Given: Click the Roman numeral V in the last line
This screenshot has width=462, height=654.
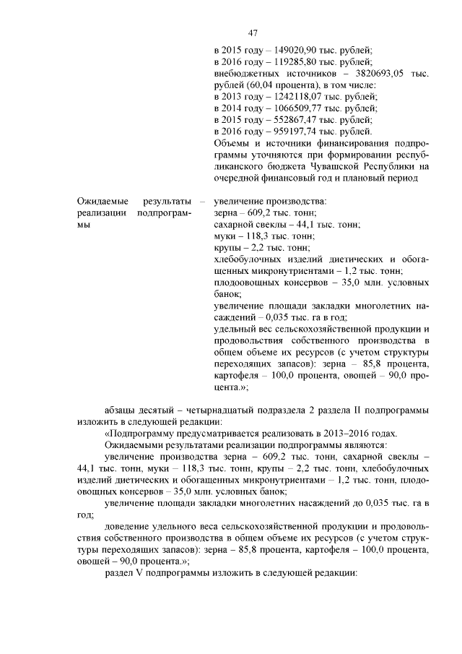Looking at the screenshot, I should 139,573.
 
